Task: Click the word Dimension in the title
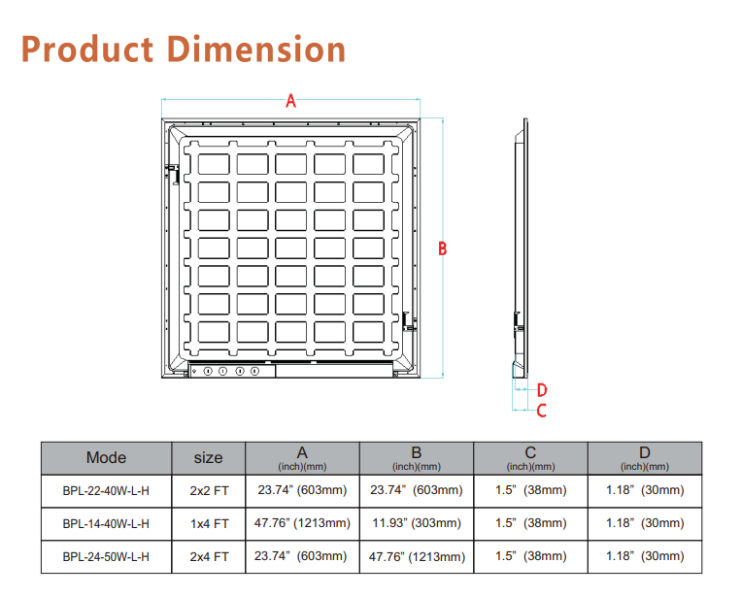(256, 50)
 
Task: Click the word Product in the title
(87, 50)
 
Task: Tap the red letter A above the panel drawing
(290, 101)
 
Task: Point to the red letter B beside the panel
(442, 249)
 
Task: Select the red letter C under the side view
(542, 411)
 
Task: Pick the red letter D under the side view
(542, 390)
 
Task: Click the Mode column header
(106, 457)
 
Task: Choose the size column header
(209, 457)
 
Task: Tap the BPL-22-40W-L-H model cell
(106, 491)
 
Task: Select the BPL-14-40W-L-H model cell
(106, 524)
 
